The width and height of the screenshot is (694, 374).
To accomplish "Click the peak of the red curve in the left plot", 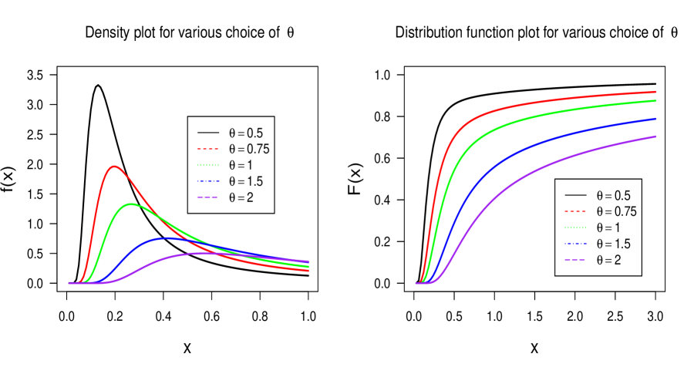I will click(115, 166).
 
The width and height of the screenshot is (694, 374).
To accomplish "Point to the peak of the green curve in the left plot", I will click(131, 204).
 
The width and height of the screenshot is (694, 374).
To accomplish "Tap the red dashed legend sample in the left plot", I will click(208, 148).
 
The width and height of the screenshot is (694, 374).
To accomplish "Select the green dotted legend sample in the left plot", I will click(208, 165).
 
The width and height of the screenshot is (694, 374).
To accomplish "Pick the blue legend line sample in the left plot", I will click(208, 181).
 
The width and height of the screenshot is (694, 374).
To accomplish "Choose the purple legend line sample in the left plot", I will click(208, 197).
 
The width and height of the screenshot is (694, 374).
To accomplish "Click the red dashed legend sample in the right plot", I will click(574, 211).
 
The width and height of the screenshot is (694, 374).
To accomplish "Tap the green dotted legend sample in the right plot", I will click(574, 227).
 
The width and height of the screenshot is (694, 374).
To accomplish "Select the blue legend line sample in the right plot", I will click(574, 244).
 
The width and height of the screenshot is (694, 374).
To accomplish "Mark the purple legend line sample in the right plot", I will click(574, 260).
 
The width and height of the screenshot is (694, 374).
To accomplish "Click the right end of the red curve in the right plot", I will click(655, 92).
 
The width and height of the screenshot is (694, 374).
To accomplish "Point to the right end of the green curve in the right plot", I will click(655, 101).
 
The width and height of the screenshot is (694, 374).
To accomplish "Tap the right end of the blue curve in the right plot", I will click(655, 119).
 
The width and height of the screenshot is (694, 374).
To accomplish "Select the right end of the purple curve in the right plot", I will click(655, 136).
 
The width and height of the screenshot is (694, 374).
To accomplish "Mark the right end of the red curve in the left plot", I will click(308, 271).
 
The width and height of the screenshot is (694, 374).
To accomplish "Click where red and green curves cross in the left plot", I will click(159, 216).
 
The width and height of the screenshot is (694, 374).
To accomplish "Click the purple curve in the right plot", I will click(540, 170).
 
